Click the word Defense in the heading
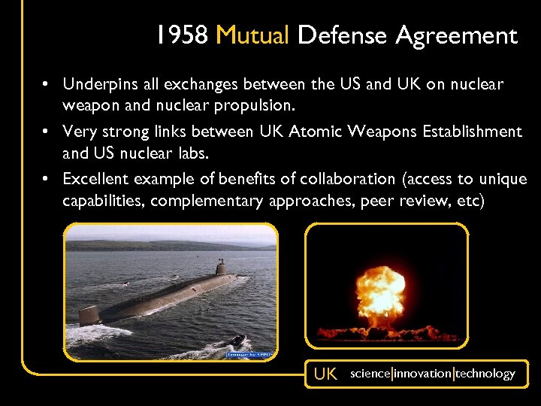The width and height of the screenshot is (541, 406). point(343,35)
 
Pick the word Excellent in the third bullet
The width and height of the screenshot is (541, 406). point(95,179)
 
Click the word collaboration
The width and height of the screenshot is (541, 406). point(348,179)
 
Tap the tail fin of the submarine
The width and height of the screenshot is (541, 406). point(89,314)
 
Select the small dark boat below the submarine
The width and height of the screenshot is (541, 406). point(237,340)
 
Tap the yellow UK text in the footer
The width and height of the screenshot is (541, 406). point(325,374)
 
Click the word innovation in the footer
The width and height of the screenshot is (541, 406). point(422,374)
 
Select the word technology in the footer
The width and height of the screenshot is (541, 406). point(485,374)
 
